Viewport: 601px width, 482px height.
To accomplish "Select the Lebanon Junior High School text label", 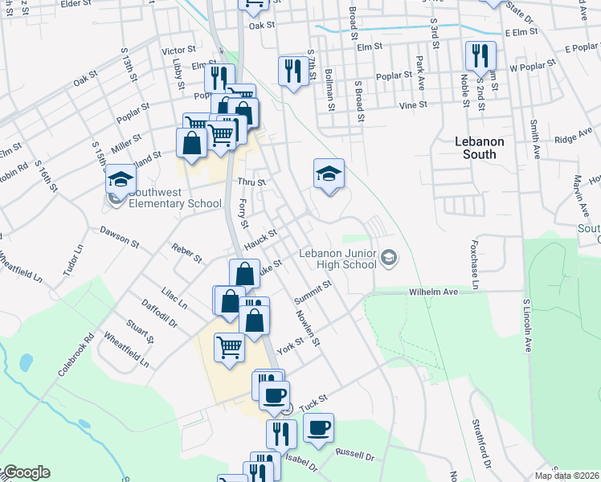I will click(x=338, y=258).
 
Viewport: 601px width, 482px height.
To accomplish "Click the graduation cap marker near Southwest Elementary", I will click(x=121, y=179).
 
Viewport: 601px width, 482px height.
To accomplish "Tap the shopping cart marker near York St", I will click(x=229, y=347).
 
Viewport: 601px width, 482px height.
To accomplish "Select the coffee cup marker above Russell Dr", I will click(x=318, y=427).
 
